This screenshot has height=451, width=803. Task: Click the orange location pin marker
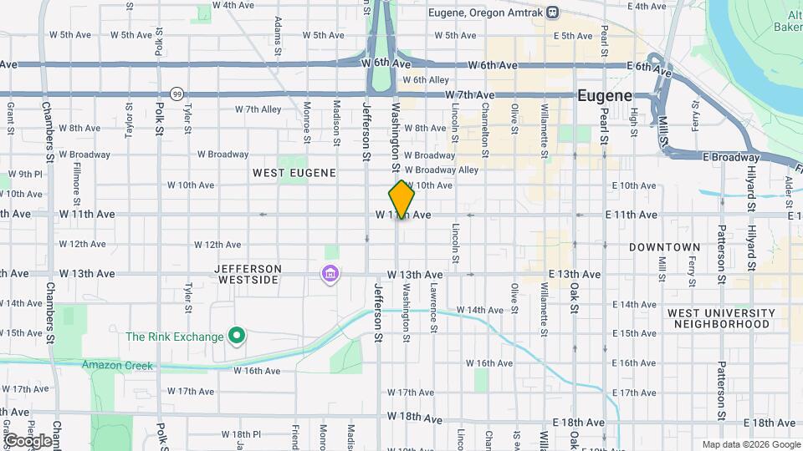(x=402, y=199)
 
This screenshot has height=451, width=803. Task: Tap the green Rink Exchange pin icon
(x=237, y=337)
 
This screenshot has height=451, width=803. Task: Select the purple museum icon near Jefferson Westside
(x=330, y=273)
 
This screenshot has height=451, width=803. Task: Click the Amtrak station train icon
(x=551, y=13)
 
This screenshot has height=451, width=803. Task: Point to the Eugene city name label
(x=605, y=96)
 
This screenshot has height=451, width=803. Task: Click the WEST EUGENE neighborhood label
(x=294, y=173)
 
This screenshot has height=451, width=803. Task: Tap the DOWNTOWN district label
(x=664, y=247)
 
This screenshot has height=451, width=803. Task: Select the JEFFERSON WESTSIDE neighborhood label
(x=248, y=274)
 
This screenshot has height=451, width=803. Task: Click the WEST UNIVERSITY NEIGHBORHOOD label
(x=721, y=318)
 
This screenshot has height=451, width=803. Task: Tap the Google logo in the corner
(x=28, y=440)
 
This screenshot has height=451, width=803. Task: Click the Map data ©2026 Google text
(x=751, y=444)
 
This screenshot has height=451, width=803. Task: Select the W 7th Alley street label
(x=258, y=109)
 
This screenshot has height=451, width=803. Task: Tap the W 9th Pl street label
(x=25, y=175)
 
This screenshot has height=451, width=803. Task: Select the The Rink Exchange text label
(x=174, y=337)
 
